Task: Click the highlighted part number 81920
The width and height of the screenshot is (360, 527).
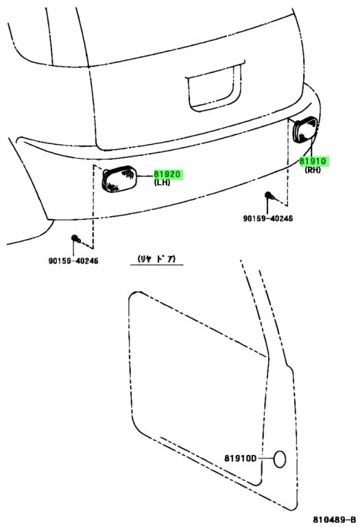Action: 167,174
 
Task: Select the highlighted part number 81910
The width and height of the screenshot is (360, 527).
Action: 313,161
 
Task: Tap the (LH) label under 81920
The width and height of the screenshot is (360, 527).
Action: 162,183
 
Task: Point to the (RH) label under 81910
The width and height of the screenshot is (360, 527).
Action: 313,169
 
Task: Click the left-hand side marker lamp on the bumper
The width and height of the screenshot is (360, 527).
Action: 119,179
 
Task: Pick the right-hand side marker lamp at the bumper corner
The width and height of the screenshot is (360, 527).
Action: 304,130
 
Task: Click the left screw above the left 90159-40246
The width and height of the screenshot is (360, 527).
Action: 75,239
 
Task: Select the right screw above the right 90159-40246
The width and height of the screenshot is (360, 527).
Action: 269,196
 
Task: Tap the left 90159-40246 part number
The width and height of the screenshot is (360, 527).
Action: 73,261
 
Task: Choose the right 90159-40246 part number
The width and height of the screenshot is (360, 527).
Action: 267,218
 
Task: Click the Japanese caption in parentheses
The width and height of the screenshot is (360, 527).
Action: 156,259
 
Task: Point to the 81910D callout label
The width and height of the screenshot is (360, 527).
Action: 241,458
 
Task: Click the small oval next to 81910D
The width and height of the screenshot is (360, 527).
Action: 280,459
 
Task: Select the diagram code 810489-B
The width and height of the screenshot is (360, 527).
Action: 335,519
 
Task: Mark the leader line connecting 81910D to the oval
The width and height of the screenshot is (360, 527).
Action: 265,459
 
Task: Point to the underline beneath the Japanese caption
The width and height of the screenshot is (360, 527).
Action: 157,265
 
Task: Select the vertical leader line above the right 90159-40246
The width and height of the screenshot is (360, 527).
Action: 267,207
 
